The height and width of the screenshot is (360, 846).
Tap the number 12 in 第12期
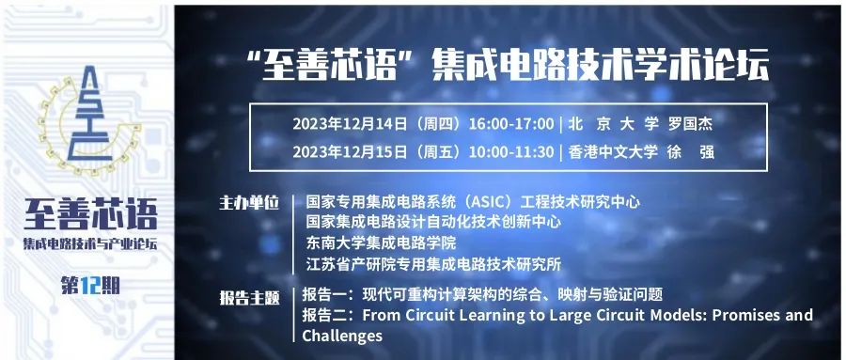(89, 286)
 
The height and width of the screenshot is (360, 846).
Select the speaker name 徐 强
(690, 152)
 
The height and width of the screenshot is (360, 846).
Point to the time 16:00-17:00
(511, 124)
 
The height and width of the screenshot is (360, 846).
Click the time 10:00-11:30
(511, 152)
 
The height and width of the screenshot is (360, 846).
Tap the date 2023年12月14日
(350, 124)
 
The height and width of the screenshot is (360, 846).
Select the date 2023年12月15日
(350, 152)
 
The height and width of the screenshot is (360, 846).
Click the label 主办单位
(249, 203)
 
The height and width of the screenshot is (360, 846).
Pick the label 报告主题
(249, 298)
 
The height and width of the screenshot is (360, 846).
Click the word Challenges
(342, 336)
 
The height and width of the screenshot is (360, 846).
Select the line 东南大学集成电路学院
(381, 243)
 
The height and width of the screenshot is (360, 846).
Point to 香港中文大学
(613, 152)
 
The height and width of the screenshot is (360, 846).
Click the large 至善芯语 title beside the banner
(90, 214)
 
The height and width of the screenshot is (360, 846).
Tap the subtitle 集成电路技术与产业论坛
(90, 243)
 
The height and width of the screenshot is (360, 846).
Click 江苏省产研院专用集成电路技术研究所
(433, 264)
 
